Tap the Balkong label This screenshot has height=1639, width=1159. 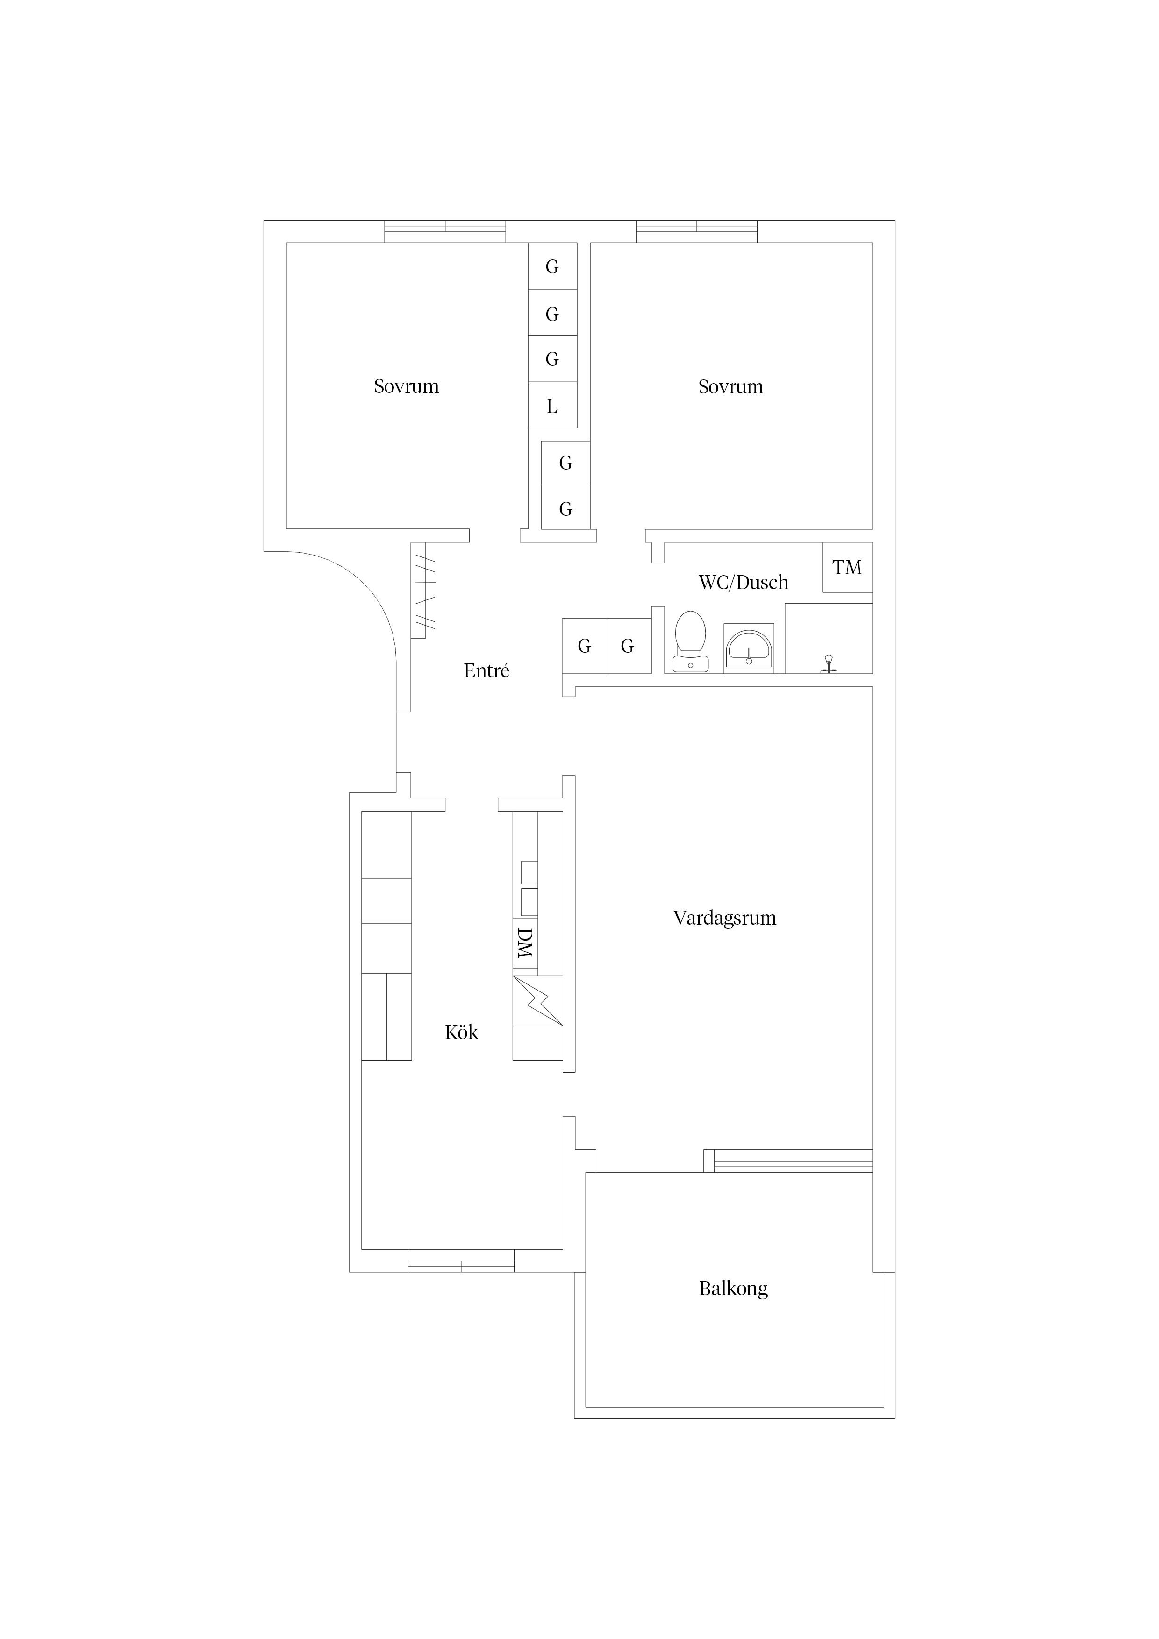coord(733,1289)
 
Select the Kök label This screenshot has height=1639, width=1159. coord(461,1032)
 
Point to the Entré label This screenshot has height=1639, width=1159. coord(486,671)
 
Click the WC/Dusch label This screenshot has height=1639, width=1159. coord(744,583)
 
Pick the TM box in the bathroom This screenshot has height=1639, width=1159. coord(847,568)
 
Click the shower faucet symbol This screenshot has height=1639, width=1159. coord(829,664)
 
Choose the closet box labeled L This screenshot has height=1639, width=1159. coord(552,406)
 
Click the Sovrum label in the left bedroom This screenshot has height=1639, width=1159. coord(406,386)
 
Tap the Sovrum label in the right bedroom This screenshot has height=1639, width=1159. coord(730,387)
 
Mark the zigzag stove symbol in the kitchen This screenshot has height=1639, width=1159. coord(538,1000)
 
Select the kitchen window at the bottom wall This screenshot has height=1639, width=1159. coord(461,1261)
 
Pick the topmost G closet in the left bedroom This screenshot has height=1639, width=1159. coord(552,266)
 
